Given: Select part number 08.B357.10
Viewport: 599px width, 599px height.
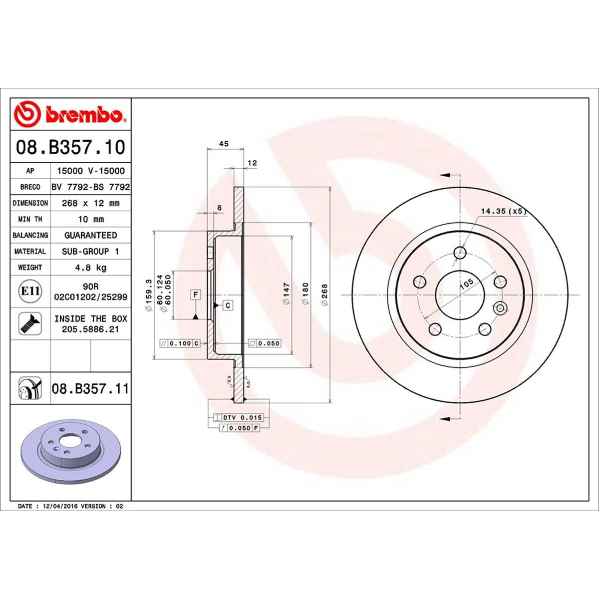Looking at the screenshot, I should click(x=70, y=148).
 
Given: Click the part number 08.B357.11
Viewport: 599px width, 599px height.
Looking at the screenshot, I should click(x=90, y=388).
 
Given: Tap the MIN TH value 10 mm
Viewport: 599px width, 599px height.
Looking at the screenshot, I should click(x=90, y=219).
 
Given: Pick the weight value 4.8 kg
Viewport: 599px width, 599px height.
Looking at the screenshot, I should click(x=90, y=268).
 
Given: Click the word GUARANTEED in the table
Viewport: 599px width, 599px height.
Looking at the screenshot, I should click(x=90, y=235).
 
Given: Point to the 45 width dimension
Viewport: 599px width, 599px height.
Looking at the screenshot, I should click(x=224, y=144).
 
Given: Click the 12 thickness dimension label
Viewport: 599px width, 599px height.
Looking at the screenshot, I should click(x=252, y=163).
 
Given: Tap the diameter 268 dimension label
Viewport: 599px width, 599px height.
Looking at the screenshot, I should click(x=324, y=295).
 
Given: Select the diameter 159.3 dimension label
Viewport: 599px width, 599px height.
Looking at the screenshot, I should click(x=148, y=295).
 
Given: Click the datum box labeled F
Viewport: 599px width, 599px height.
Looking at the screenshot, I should click(x=196, y=295).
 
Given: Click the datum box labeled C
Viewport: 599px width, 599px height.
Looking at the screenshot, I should click(x=228, y=305).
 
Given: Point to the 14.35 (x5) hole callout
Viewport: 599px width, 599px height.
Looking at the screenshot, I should click(x=503, y=212).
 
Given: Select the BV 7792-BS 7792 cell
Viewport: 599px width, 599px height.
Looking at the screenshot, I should click(x=90, y=187).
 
